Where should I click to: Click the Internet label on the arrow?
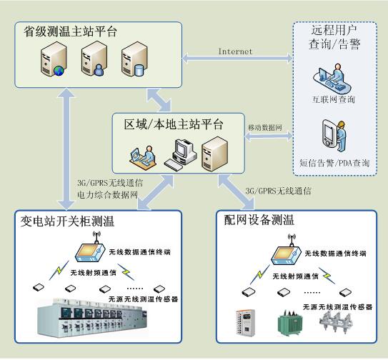point(235,51)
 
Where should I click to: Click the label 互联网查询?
point(332,99)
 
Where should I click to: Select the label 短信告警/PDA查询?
point(334,164)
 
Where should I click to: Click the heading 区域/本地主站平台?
point(174,124)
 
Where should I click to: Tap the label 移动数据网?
point(265,127)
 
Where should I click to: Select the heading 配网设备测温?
point(259,220)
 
